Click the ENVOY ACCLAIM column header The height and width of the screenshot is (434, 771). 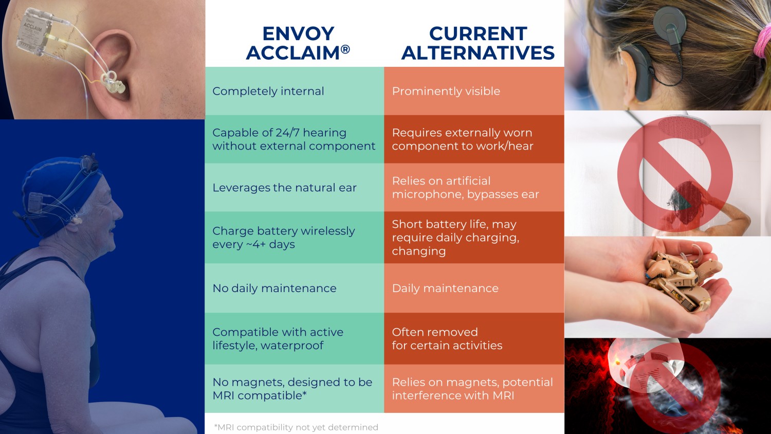pos(298,43)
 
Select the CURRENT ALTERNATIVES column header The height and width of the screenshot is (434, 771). pos(478,43)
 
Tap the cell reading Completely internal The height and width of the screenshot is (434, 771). pos(295,91)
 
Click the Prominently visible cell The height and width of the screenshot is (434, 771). pos(474,91)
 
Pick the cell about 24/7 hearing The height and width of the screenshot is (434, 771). pos(295,139)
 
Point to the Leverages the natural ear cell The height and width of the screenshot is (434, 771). pos(295,187)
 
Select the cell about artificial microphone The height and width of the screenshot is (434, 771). pos(474,187)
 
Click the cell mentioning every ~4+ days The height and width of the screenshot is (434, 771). pos(295,238)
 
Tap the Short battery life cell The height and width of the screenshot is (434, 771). pos(474,238)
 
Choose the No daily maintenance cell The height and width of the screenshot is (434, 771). pos(295,288)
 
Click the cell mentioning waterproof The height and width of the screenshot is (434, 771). pos(295,338)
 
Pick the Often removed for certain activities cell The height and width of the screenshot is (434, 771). pos(474,338)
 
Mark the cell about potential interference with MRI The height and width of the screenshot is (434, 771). pos(474,389)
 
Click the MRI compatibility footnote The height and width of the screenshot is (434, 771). pos(296,427)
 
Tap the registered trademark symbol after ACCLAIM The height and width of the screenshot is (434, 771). pos(345,49)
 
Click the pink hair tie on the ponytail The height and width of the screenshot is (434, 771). pos(762,41)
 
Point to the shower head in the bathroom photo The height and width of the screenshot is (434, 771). pos(685,128)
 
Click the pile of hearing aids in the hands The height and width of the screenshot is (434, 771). pos(680,279)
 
